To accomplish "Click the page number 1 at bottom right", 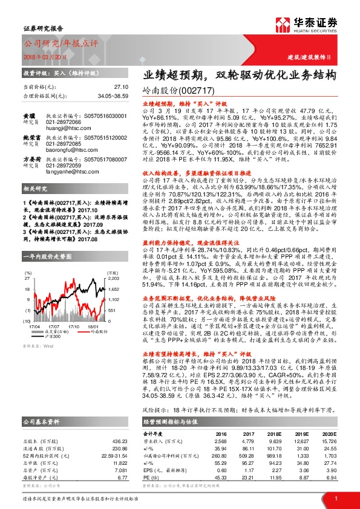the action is point(336,498).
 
